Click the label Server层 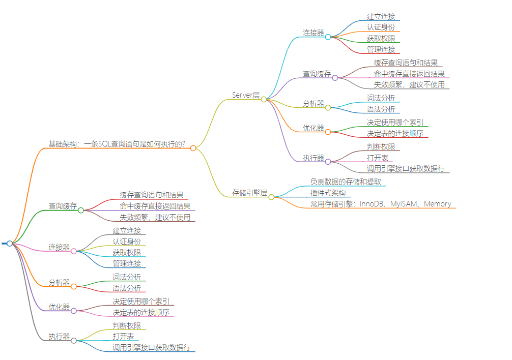pos(246,95)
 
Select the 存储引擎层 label pos(250,193)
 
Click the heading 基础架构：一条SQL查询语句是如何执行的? pos(117,144)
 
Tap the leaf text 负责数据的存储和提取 pos(346,182)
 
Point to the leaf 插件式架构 pos(328,193)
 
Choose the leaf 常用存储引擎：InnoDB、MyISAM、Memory pos(381,204)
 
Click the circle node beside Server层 pos(264,99)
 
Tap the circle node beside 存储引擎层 pos(271,197)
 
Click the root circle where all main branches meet pos(10,244)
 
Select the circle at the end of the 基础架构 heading pos(193,148)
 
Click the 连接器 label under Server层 pos(314,33)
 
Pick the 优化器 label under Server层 pos(314,128)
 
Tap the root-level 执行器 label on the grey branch pos(59,336)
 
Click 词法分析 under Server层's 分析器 pos(381,98)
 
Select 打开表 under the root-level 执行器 pos(123,336)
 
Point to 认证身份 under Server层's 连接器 pos(381,27)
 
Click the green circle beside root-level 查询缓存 pos(80,210)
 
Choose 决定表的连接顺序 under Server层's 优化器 pos(394,133)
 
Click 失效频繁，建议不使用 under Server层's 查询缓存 pos(409,84)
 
